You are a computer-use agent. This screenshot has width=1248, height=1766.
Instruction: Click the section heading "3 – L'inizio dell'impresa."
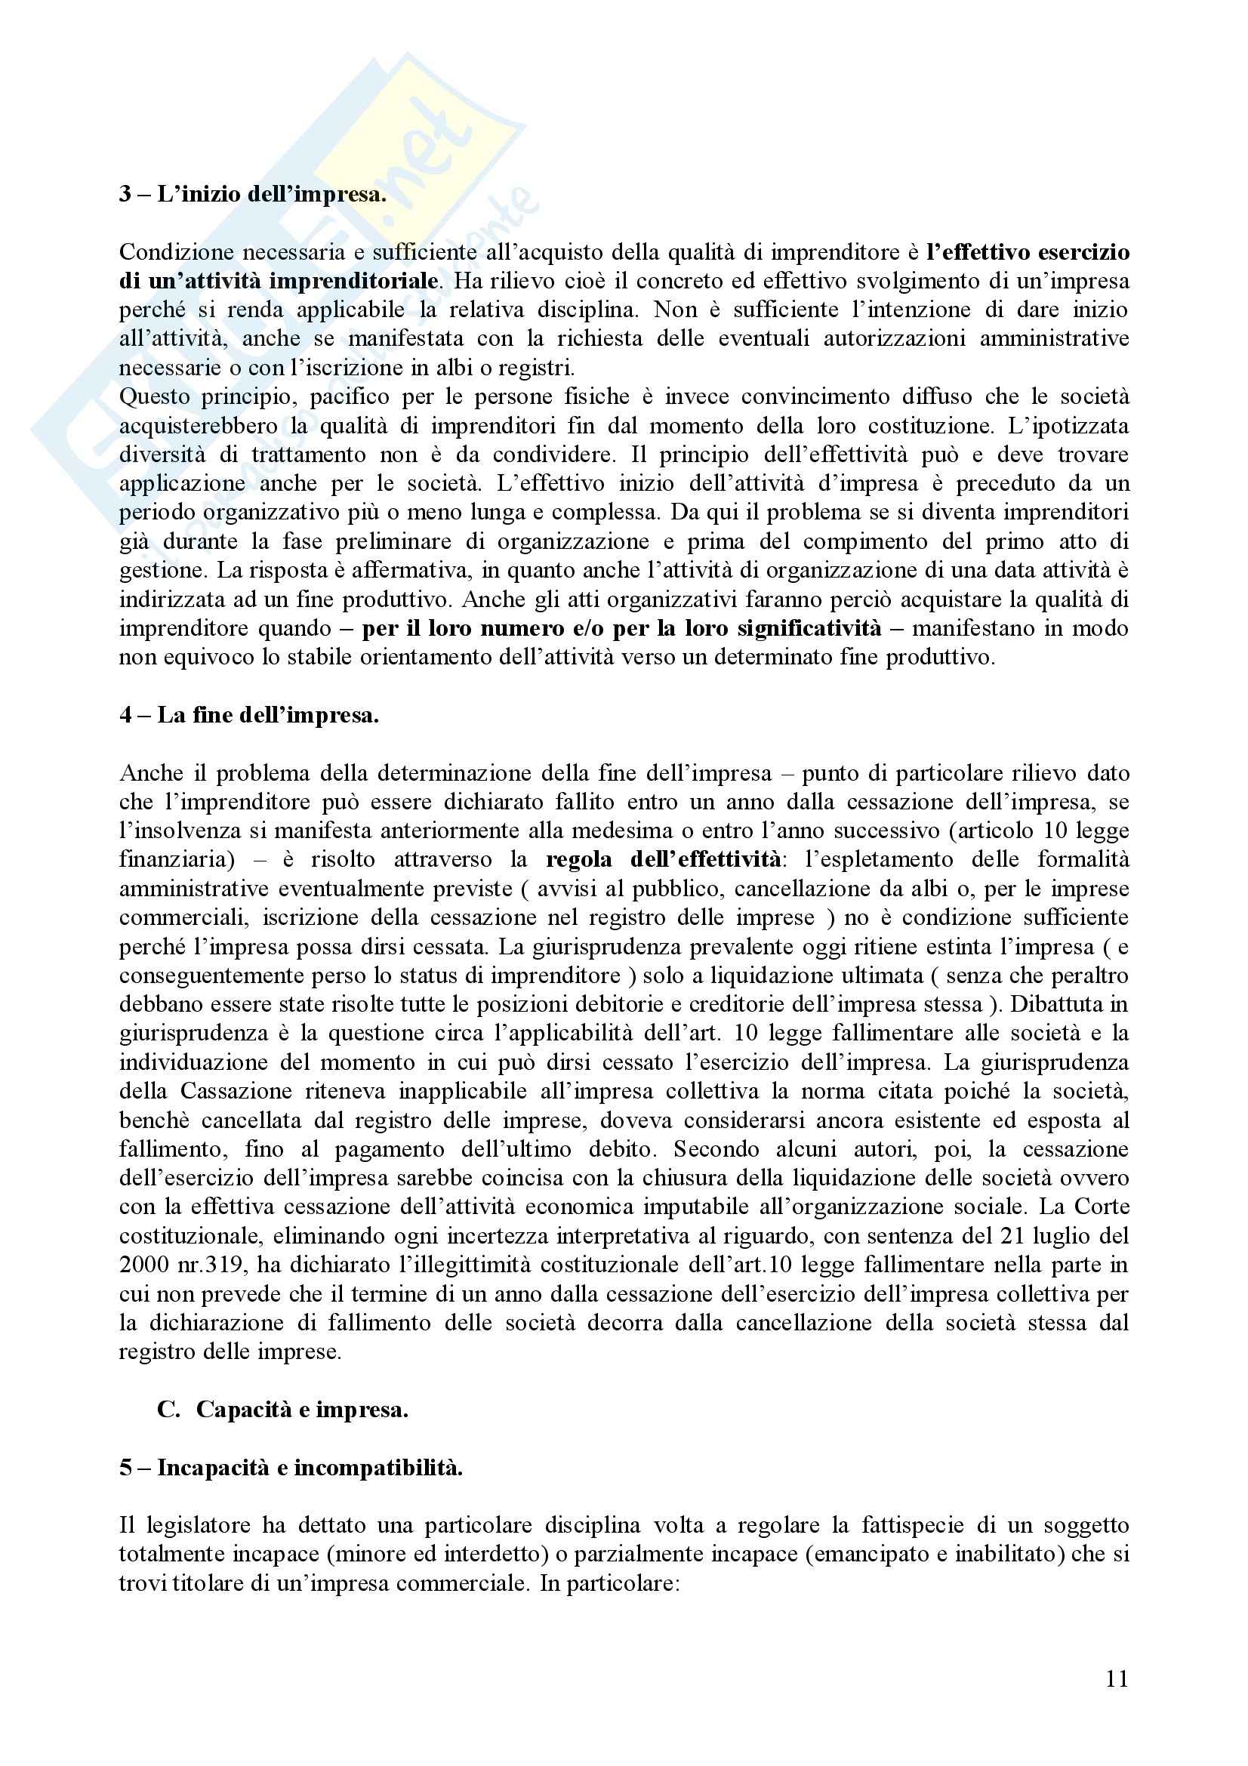tap(252, 194)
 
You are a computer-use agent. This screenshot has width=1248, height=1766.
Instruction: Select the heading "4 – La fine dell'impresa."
tap(248, 715)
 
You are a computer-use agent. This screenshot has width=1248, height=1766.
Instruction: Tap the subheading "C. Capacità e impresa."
tap(282, 1409)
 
